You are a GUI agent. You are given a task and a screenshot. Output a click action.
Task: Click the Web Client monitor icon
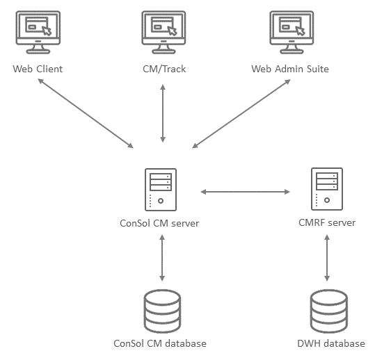click(38, 32)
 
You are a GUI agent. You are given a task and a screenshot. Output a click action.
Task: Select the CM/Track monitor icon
click(163, 32)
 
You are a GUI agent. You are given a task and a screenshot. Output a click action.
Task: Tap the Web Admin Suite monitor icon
click(292, 32)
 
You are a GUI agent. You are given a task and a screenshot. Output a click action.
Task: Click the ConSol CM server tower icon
click(161, 190)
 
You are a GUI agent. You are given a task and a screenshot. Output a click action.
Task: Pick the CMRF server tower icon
click(327, 189)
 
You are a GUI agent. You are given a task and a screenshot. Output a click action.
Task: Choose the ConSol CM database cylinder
click(162, 311)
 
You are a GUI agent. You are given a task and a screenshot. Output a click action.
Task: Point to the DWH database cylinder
click(329, 311)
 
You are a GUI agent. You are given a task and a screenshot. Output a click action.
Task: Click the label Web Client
click(38, 69)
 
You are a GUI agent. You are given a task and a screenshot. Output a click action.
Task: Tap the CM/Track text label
click(164, 69)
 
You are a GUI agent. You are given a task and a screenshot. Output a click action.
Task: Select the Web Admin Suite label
click(290, 69)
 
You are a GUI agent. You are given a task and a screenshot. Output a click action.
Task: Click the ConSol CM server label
click(159, 223)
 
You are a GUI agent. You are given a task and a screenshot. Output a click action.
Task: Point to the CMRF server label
click(327, 222)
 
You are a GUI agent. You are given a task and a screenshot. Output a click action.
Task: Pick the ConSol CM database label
click(160, 343)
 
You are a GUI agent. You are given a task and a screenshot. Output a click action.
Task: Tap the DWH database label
click(331, 343)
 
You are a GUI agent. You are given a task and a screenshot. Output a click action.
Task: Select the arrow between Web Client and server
click(86, 113)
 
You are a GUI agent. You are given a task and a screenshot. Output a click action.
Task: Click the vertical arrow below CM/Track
click(163, 113)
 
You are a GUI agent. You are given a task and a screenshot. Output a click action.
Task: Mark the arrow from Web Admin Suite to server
click(241, 114)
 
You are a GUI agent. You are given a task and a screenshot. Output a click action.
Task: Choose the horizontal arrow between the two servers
click(245, 192)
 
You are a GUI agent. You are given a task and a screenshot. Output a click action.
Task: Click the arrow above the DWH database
click(327, 258)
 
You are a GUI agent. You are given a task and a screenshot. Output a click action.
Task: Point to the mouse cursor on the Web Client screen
click(47, 31)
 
